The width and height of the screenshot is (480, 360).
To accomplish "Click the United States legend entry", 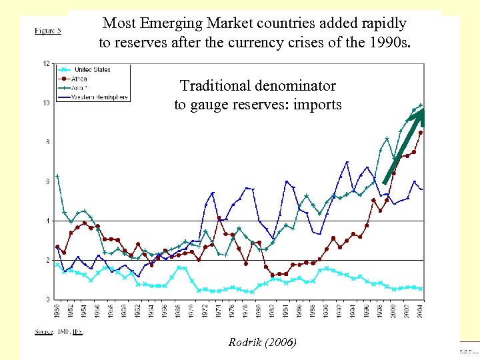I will (x=92, y=70).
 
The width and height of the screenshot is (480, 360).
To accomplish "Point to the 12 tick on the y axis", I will (x=46, y=64).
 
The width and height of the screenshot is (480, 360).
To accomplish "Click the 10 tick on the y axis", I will (x=46, y=103).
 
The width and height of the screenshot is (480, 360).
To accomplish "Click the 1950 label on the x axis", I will (x=57, y=311).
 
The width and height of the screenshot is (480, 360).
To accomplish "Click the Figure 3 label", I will (x=48, y=31).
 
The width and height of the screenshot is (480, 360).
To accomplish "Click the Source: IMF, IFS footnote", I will (x=59, y=331).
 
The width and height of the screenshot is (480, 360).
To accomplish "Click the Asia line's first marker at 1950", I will (x=57, y=176).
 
